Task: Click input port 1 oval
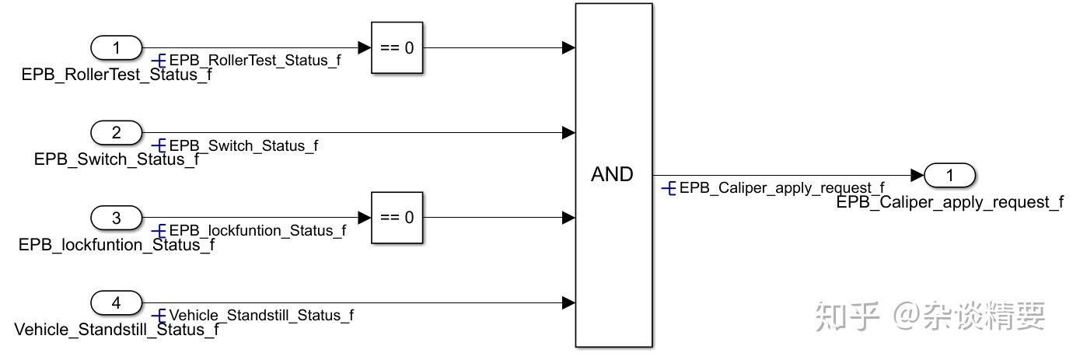[117, 48]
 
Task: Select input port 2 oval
[117, 133]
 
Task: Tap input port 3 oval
[117, 218]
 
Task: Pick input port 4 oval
[117, 302]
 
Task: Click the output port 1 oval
[949, 176]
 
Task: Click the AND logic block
[613, 175]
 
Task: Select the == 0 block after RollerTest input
[397, 48]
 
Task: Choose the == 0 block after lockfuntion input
[397, 218]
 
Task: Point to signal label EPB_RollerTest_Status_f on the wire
[254, 61]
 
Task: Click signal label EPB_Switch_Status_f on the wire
[243, 145]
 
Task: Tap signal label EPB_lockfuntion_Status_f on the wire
[257, 230]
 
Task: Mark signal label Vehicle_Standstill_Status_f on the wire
[260, 315]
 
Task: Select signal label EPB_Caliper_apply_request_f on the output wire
[781, 188]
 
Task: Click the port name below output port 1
[949, 202]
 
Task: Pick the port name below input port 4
[117, 330]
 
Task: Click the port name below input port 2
[117, 159]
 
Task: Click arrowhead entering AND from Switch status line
[568, 133]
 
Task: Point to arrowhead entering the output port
[917, 176]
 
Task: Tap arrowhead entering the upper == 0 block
[365, 48]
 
